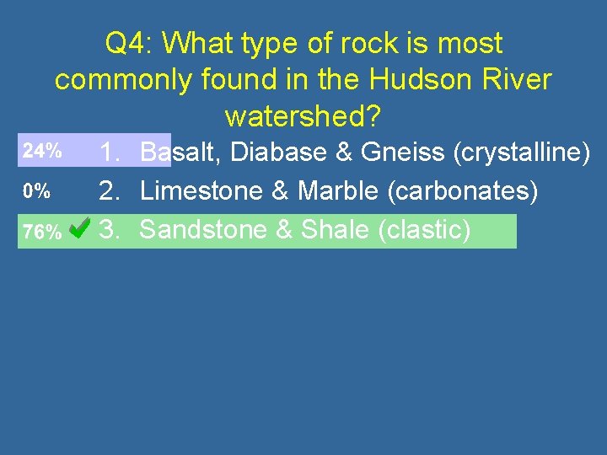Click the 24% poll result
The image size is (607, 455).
tap(41, 152)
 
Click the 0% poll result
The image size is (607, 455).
tap(35, 191)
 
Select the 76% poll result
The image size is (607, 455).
tap(41, 232)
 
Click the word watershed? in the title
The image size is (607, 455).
tap(303, 116)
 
